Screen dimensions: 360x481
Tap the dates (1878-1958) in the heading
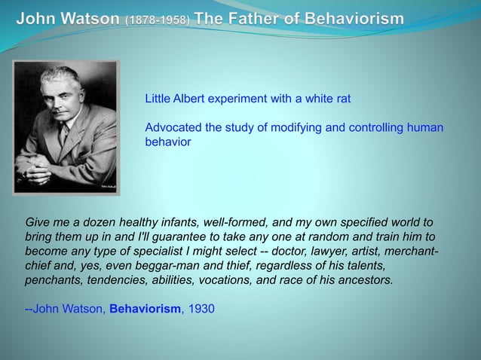click(158, 17)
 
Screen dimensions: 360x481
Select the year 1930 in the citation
click(201, 308)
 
